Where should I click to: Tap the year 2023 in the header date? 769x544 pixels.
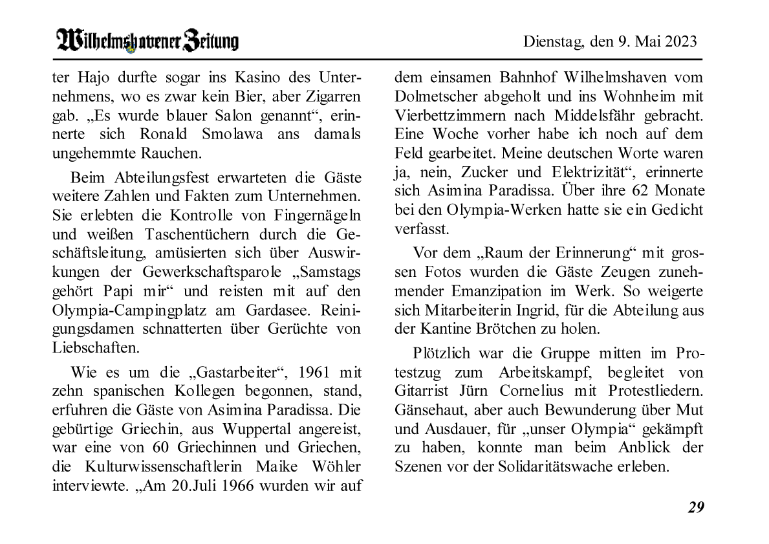680,42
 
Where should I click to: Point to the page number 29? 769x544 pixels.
695,507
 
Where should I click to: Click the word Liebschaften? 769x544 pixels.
95,347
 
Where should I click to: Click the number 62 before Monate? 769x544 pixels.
634,191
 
